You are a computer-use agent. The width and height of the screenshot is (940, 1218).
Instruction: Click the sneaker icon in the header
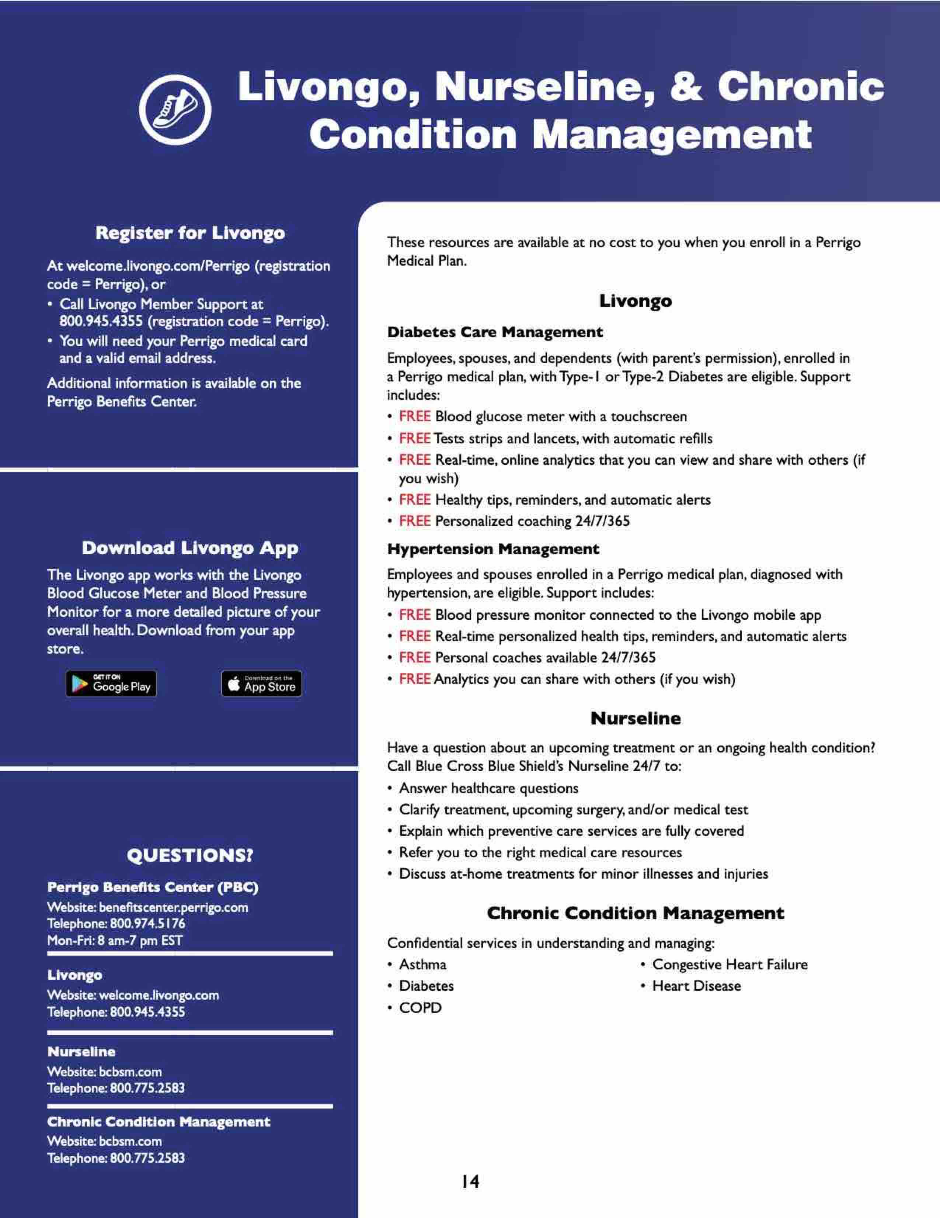(175, 110)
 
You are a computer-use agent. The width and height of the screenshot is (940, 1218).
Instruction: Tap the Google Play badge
(111, 684)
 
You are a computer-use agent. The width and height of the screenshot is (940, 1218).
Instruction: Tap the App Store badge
(262, 684)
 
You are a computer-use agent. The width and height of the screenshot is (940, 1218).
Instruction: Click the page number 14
(470, 1181)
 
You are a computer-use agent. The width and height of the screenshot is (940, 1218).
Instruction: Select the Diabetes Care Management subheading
(495, 332)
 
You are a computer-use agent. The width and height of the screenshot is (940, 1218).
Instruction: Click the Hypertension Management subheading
(493, 549)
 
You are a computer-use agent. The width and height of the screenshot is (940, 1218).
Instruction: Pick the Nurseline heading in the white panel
(635, 718)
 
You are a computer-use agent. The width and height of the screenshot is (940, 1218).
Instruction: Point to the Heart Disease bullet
(696, 986)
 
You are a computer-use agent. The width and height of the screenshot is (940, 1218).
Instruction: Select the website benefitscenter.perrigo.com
(173, 907)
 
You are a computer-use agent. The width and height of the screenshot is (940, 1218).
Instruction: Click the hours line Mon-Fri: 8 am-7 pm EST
(115, 940)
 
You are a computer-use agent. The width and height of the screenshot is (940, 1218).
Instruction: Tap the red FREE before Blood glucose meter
(415, 416)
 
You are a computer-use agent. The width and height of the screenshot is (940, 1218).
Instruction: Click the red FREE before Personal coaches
(415, 658)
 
